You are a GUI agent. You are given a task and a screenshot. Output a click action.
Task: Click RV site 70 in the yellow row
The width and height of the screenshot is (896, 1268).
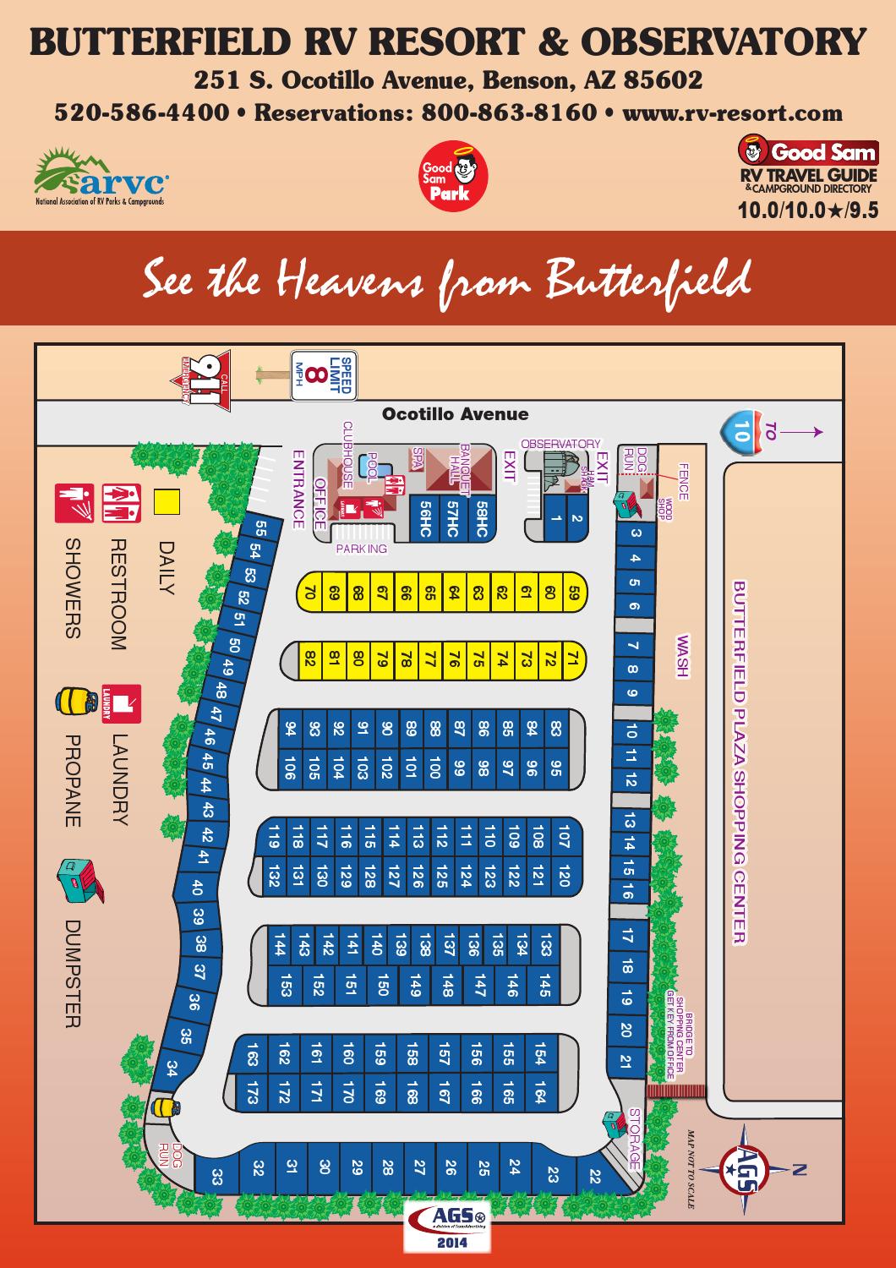coord(310,593)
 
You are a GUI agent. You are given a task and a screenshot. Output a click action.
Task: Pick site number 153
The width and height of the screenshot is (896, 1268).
coord(286,986)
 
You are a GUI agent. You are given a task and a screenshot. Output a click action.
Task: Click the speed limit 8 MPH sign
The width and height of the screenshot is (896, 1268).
coord(323,376)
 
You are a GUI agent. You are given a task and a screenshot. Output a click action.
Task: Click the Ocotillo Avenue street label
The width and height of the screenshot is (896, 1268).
coord(455,414)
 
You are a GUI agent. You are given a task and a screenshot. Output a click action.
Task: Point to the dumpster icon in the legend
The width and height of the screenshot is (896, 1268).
coord(77,879)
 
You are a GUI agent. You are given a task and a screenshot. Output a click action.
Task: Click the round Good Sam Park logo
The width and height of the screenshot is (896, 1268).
coord(448,177)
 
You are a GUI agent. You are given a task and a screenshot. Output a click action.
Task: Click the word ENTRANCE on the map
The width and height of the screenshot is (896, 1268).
coord(299,489)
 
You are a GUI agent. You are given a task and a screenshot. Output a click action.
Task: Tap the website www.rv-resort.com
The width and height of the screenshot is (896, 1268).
coord(732,112)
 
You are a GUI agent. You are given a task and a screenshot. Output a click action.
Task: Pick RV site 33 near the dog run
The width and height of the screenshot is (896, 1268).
coord(217,1176)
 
